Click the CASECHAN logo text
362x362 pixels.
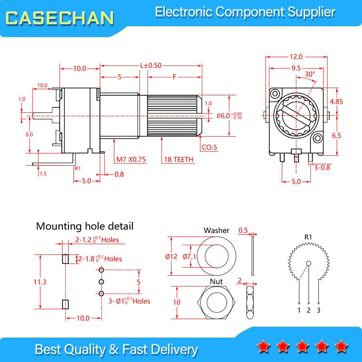tap(60, 18)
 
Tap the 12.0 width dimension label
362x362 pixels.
tap(296, 57)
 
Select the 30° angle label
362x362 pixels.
tap(310, 74)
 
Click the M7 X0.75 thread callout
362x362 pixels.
tap(131, 160)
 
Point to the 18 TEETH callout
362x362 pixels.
tap(178, 160)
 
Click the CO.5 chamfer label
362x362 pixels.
tap(210, 148)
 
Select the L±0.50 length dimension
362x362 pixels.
tap(151, 65)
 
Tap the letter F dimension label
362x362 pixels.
tap(175, 77)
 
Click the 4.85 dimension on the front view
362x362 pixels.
tap(336, 101)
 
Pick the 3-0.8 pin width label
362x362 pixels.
tap(322, 167)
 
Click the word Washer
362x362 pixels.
tap(216, 230)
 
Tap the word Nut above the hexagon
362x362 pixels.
tap(216, 281)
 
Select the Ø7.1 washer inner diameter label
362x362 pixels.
tap(189, 257)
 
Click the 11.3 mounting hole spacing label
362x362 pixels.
tap(40, 282)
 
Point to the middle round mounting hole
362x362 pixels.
tap(101, 281)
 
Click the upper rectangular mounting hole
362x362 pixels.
tap(66, 259)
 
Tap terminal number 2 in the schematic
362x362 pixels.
tap(309, 310)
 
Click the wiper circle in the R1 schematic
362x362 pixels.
tap(309, 263)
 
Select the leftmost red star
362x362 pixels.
tap(263, 346)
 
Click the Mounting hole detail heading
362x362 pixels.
tap(85, 226)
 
